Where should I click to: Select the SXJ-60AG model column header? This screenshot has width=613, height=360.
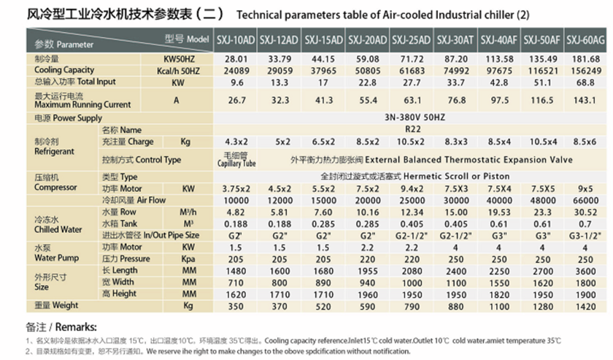[x=587, y=39]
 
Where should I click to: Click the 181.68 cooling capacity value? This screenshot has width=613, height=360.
[x=587, y=59]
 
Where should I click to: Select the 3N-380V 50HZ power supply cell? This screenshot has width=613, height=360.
[x=411, y=117]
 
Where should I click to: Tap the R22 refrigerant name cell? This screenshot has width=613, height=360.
[x=411, y=129]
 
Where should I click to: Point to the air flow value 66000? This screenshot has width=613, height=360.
[x=587, y=199]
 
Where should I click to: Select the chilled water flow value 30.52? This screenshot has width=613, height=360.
[x=587, y=212]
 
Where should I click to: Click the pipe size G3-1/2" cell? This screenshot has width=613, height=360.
[x=587, y=235]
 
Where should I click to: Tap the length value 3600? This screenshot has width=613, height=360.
[x=587, y=270]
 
